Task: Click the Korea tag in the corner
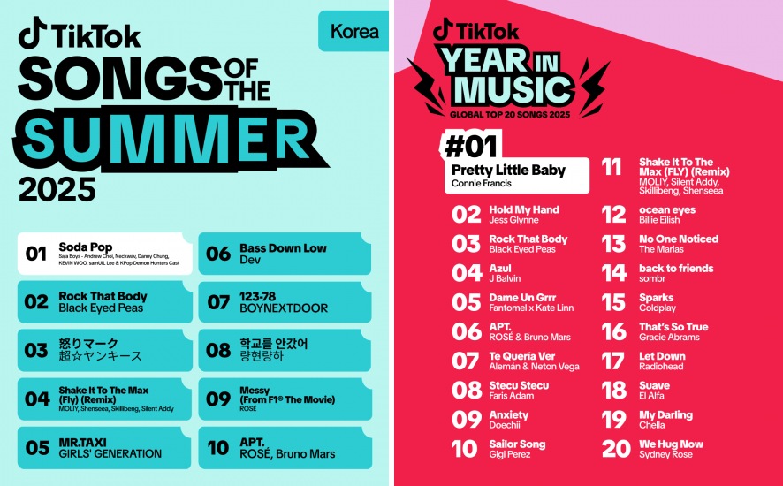354,32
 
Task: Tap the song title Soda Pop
86,247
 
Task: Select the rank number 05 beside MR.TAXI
37,447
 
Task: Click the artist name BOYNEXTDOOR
284,308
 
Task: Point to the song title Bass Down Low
283,247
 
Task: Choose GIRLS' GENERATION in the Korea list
110,453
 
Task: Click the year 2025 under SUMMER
57,189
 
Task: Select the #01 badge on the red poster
471,146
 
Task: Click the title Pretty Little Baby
508,170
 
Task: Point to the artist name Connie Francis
482,183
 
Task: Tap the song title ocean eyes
667,209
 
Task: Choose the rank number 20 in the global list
616,449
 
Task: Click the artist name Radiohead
661,366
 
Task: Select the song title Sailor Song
517,444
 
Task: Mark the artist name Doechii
505,425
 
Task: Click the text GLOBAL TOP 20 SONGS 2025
510,115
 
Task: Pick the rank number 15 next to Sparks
613,301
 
